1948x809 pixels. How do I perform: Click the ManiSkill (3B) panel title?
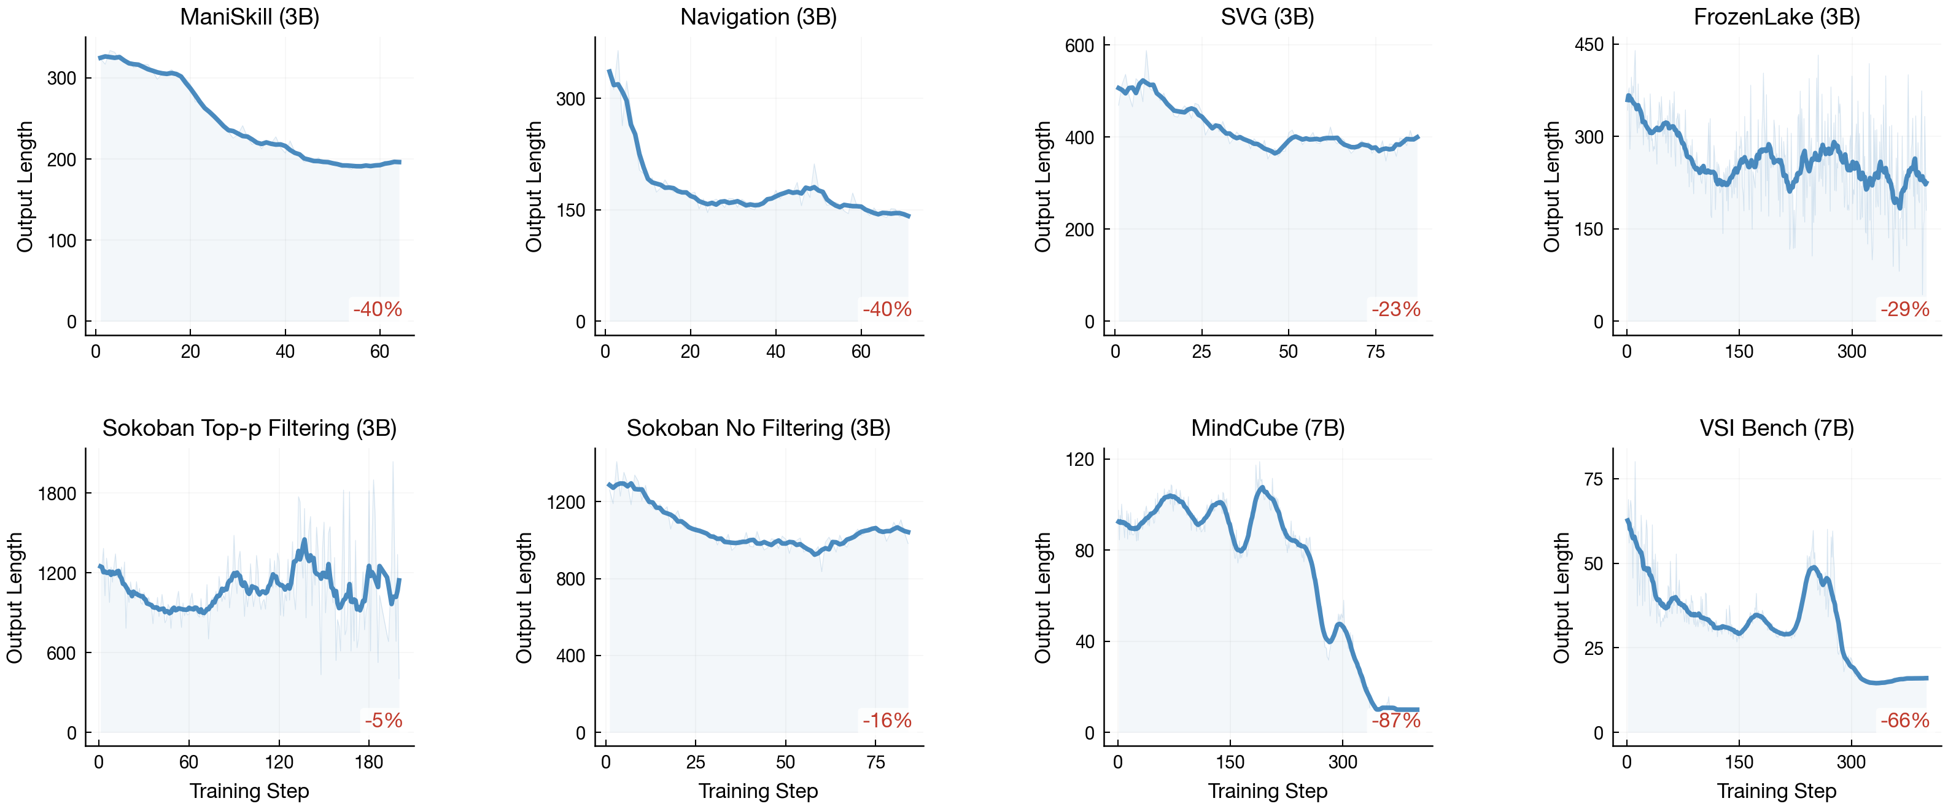pyautogui.click(x=249, y=17)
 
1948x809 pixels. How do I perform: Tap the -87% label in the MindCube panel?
pyautogui.click(x=1396, y=720)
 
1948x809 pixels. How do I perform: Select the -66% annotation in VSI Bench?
pyautogui.click(x=1905, y=720)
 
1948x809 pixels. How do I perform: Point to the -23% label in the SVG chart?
pyautogui.click(x=1396, y=309)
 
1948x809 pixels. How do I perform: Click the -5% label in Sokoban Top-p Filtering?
pyautogui.click(x=383, y=720)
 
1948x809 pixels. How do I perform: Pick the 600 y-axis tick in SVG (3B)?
pyautogui.click(x=1079, y=45)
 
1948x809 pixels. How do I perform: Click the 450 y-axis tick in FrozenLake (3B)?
pyautogui.click(x=1589, y=45)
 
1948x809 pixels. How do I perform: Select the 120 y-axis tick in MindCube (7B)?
pyautogui.click(x=1079, y=459)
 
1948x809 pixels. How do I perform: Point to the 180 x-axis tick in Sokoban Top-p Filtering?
pyautogui.click(x=369, y=762)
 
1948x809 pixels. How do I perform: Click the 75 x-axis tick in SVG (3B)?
pyautogui.click(x=1375, y=352)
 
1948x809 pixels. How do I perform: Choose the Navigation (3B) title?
pyautogui.click(x=758, y=17)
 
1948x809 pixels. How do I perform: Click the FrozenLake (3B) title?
pyautogui.click(x=1776, y=17)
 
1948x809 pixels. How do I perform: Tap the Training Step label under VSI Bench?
pyautogui.click(x=1776, y=791)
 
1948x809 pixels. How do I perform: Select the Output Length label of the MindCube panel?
pyautogui.click(x=1043, y=597)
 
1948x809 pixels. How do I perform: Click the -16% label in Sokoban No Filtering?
pyautogui.click(x=887, y=720)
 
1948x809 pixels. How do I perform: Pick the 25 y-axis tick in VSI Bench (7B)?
pyautogui.click(x=1593, y=648)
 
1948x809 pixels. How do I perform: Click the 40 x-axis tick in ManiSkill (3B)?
pyautogui.click(x=285, y=352)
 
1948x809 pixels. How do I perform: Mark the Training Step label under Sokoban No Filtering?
pyautogui.click(x=758, y=791)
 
